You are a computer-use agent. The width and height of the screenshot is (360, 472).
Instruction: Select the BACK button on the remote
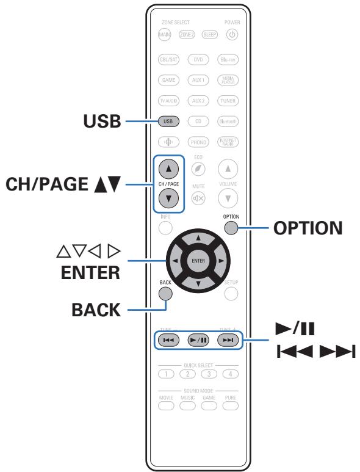click(165, 292)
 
